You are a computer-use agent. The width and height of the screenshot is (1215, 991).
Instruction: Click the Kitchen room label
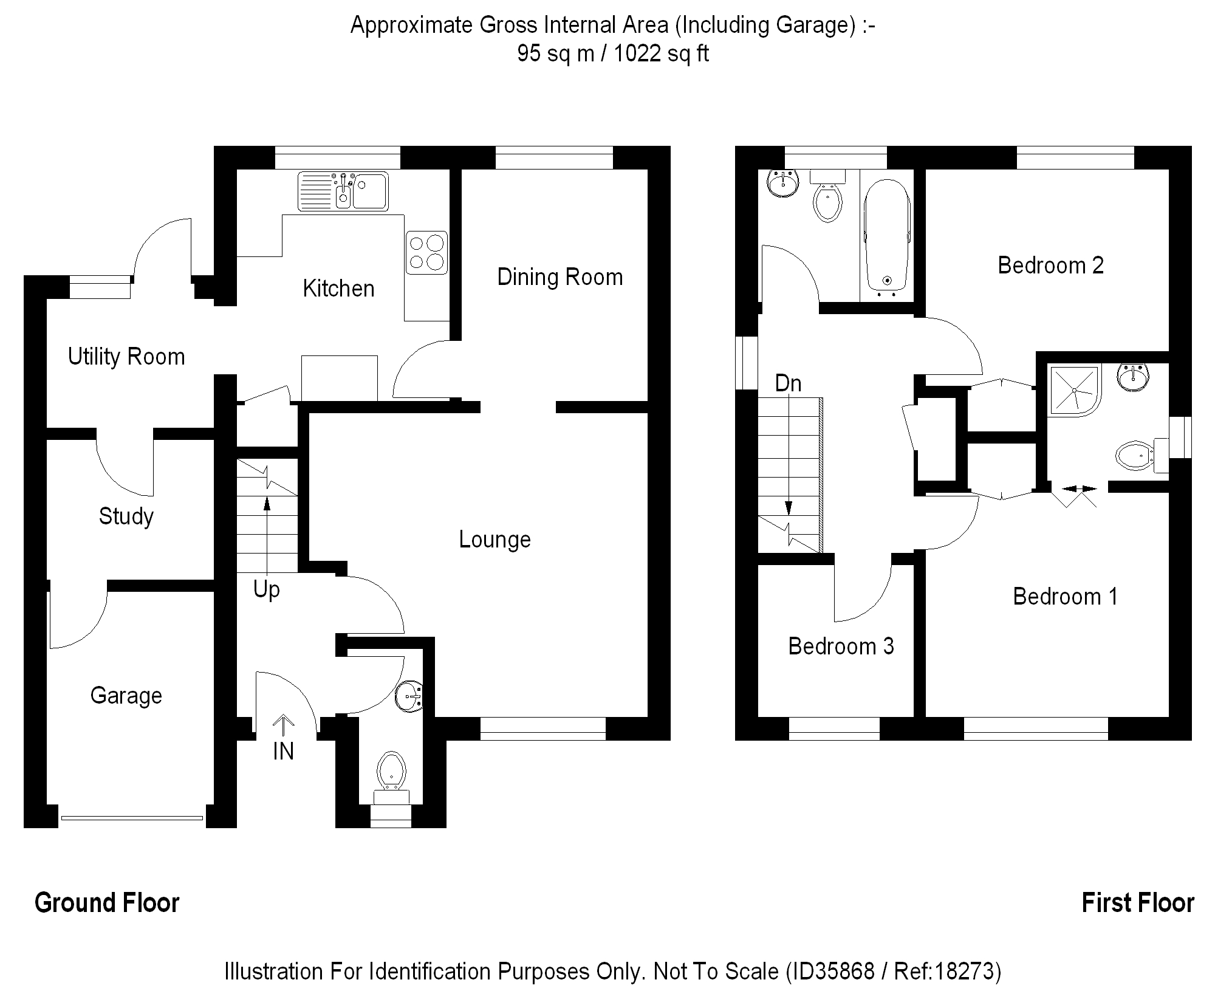[338, 289]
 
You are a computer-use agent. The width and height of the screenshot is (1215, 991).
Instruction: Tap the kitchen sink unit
[343, 191]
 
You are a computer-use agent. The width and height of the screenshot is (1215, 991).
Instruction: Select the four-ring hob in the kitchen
[426, 252]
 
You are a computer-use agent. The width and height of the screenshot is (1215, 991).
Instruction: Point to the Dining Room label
[560, 277]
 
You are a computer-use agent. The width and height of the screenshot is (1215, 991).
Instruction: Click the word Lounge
[495, 540]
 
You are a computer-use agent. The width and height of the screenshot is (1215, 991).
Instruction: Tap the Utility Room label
[126, 357]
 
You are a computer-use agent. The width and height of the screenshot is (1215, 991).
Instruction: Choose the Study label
[126, 516]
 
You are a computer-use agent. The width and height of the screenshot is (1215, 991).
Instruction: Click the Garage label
[126, 695]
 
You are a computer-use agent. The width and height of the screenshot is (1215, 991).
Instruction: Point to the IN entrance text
[283, 752]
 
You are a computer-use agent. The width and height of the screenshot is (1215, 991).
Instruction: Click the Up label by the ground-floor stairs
[266, 589]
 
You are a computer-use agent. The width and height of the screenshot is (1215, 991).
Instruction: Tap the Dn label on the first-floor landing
[788, 383]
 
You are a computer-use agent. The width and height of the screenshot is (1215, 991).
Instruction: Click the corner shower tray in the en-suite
[1074, 390]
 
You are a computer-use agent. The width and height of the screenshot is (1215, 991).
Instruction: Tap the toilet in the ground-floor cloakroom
[391, 772]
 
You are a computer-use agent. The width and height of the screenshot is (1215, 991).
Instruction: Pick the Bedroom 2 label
[1050, 266]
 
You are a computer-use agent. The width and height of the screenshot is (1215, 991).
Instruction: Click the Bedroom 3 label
[841, 646]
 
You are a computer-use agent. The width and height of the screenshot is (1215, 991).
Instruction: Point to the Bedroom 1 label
[1065, 597]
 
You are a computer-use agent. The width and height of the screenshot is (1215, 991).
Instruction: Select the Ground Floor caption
[107, 903]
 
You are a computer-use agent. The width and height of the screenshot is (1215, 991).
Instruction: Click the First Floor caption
[1137, 903]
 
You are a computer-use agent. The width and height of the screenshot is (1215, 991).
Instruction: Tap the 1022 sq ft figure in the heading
[661, 54]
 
